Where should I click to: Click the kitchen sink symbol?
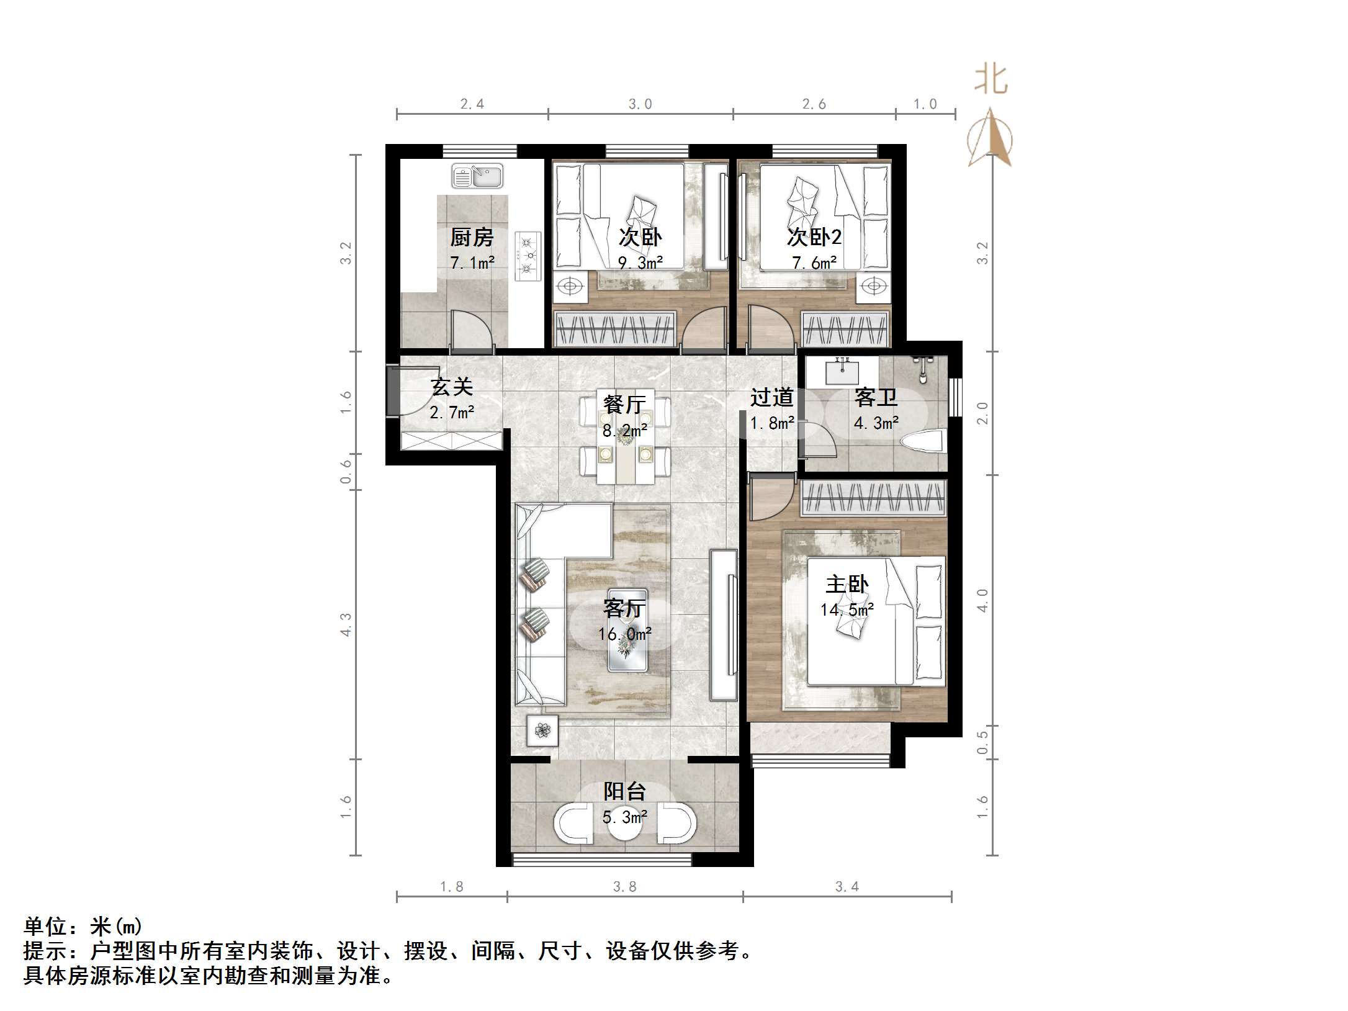(477, 176)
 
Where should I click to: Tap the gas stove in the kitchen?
(528, 256)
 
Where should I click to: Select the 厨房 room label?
(472, 237)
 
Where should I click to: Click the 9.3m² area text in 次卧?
(640, 263)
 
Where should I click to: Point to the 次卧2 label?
(814, 237)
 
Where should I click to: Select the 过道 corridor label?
(772, 397)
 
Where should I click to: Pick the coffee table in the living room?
(627, 631)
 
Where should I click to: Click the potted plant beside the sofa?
(542, 730)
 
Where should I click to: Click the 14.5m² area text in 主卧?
(847, 610)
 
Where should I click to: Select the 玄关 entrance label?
(452, 387)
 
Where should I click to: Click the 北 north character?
(991, 81)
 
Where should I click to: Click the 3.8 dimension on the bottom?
(624, 887)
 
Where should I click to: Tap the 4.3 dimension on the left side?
(346, 624)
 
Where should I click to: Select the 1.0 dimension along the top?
(925, 104)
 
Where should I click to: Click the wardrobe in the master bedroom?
(873, 499)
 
